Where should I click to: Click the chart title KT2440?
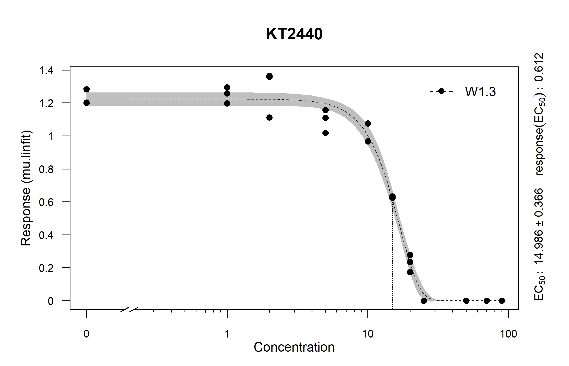pos(294,34)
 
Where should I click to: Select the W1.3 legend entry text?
pos(480,92)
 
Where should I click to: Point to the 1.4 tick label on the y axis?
pos(46,71)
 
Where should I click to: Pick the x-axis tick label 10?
pos(368,334)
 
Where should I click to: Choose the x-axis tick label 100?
pos(508,334)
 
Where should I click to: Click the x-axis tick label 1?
pos(227,334)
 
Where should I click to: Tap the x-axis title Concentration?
pos(294,347)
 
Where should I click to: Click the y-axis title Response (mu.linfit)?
pos(26,188)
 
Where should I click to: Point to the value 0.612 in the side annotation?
pos(539,67)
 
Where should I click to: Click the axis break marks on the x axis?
pos(129,310)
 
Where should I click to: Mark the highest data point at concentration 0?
pos(86,89)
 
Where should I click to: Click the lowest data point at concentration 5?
pos(325,133)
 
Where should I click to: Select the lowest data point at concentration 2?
pos(269,117)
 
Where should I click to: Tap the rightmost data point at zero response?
pos(502,301)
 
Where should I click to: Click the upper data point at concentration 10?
pos(368,124)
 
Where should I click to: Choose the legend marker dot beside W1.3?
pos(441,91)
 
